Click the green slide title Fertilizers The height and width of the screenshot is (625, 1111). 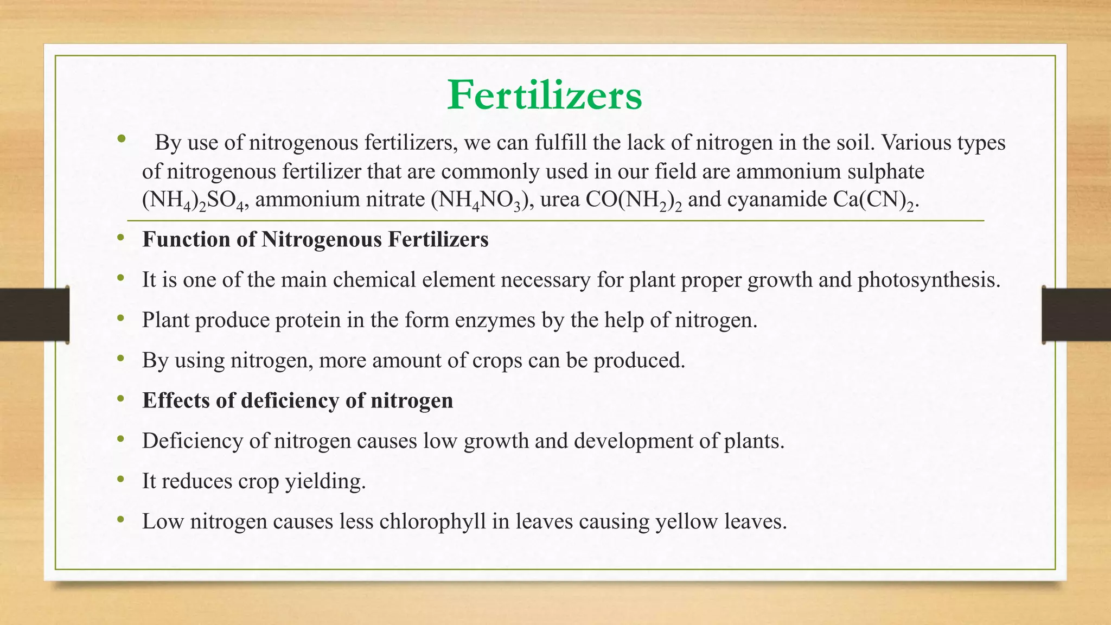[545, 95]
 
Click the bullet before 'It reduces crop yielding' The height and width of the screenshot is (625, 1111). [120, 480]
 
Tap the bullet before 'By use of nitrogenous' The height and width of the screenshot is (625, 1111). [121, 139]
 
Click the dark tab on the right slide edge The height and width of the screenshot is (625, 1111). [1076, 315]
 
